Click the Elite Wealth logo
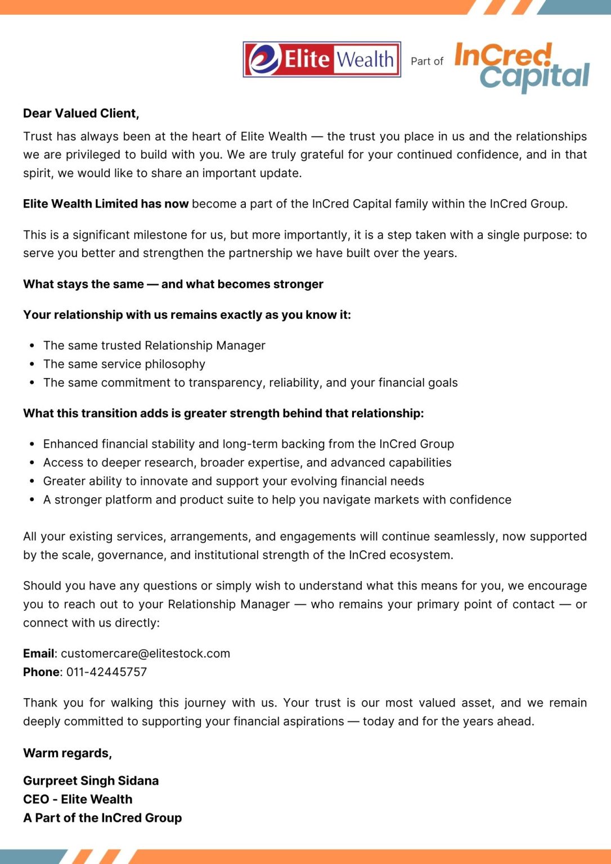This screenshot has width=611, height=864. pos(322,59)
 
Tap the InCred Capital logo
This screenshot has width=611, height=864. pos(522,66)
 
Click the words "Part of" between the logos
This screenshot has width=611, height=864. pos(427,61)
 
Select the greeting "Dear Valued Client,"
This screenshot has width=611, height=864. pos(81,113)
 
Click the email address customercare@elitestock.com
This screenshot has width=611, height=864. pos(145,654)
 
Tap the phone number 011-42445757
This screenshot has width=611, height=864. pos(106,672)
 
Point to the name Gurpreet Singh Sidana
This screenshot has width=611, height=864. pos(91,781)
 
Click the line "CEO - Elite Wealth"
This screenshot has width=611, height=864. pos(78,799)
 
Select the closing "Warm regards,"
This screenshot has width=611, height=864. pos(68,753)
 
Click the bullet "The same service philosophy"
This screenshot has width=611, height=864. pos(124,364)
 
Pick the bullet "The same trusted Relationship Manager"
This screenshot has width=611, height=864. pos(154,346)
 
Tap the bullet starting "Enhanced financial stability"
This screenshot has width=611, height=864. pos(248,444)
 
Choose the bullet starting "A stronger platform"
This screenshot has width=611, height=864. pos(277,500)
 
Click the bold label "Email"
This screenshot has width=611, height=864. pos(38,654)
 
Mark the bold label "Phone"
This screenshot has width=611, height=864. pos(41,672)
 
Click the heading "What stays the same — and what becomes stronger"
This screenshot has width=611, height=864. pos(173,285)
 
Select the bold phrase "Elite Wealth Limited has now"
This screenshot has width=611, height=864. pos(106,204)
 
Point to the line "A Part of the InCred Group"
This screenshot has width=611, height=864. pos(102,818)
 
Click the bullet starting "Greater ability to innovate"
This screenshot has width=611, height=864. pos(233,481)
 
